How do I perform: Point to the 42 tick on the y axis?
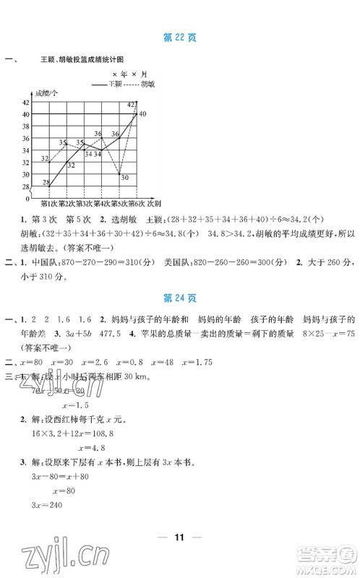25,103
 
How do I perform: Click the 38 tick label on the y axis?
25,126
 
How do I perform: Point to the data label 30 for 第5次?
124,177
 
